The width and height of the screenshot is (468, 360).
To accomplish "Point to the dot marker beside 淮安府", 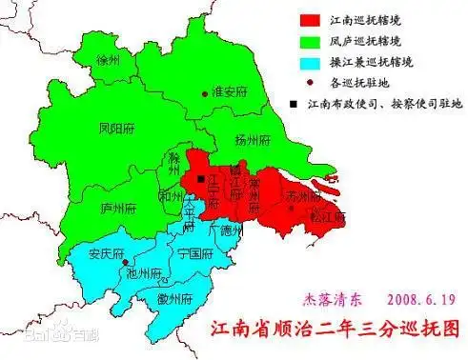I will click(x=205, y=93).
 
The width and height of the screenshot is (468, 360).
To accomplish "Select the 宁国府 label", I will click(x=194, y=254).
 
